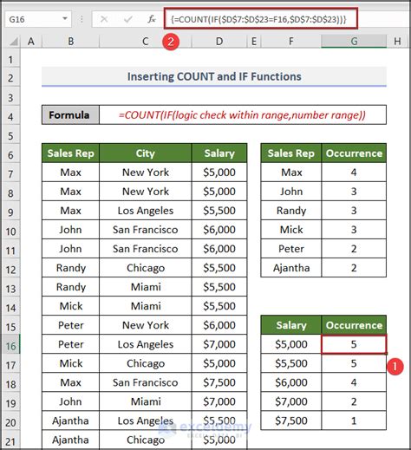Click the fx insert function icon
[x=151, y=17]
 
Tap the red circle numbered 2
[x=172, y=42]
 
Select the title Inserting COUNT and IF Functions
[x=213, y=76]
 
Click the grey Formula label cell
[x=69, y=114]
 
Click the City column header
[x=145, y=153]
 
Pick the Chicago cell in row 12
[x=145, y=268]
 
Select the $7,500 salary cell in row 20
[x=219, y=421]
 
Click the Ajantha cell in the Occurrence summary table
[x=291, y=268]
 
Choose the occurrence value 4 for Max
[x=354, y=173]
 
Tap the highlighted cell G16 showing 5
[x=354, y=344]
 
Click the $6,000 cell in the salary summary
[x=291, y=382]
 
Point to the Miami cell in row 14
[x=145, y=306]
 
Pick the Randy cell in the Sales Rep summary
[x=291, y=211]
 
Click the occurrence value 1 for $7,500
[x=354, y=421]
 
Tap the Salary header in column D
[x=219, y=153]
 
